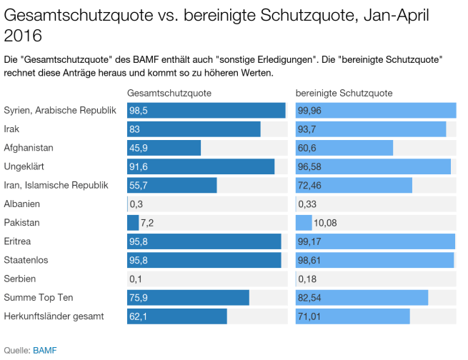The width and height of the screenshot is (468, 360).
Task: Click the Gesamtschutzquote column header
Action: [169, 94]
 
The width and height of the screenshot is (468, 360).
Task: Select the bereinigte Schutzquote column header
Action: [344, 94]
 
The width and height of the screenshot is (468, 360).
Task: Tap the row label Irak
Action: [12, 129]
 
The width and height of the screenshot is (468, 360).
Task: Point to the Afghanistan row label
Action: [29, 148]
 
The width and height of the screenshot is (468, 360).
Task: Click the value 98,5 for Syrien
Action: [139, 111]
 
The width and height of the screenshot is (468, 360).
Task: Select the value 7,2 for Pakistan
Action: [148, 222]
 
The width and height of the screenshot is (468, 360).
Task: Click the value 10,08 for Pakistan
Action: [325, 222]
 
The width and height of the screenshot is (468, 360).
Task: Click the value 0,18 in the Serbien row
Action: [308, 278]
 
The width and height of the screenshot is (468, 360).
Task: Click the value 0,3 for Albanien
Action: [134, 204]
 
